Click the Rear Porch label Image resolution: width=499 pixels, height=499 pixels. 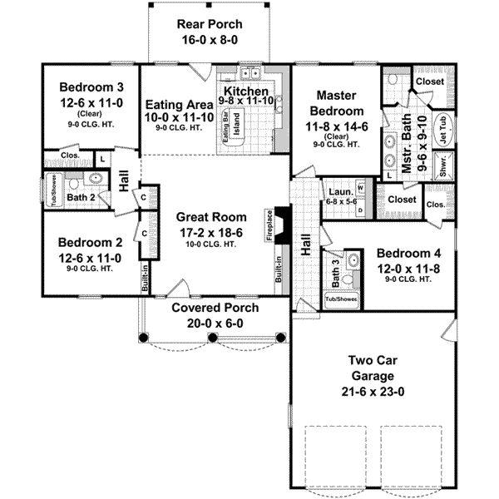210,24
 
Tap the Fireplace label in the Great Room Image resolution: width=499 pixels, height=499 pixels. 269,225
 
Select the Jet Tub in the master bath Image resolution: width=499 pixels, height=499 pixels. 444,129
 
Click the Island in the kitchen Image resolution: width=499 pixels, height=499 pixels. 236,124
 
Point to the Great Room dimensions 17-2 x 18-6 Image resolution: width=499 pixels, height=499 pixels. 211,233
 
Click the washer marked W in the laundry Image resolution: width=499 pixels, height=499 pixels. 361,188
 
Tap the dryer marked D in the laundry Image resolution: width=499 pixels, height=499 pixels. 361,210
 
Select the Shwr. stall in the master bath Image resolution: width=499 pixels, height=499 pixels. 443,165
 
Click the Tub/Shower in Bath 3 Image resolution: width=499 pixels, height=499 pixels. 341,299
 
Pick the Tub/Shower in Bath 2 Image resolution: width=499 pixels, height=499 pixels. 54,190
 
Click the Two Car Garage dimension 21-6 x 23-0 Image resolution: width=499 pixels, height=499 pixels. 373,392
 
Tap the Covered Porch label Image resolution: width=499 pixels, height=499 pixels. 215,308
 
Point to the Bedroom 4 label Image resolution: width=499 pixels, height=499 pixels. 408,254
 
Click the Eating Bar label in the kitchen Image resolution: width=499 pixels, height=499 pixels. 225,128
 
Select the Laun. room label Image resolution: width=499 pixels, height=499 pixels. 341,192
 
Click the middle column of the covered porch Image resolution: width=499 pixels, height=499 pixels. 213,338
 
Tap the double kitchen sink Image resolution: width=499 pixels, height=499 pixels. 250,74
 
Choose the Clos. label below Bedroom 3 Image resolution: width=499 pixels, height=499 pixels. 70,156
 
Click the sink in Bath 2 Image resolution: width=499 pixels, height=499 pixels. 95,178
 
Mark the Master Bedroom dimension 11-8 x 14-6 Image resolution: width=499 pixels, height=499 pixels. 337,127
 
